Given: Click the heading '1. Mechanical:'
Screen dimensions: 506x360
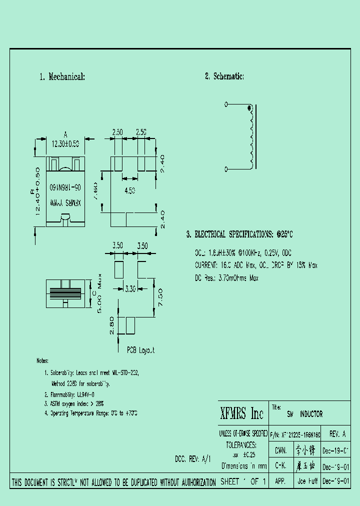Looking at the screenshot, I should click(62, 77).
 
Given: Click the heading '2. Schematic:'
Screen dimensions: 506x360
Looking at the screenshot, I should click(224, 76).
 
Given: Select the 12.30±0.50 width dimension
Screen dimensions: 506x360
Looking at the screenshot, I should click(65, 143).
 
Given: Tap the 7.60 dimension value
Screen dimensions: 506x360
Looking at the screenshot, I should click(95, 189).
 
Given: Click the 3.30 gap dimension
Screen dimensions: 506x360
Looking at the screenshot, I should click(129, 288).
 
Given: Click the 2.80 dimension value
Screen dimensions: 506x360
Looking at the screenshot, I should click(111, 325).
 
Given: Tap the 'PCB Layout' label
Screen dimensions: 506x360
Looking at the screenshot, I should click(140, 350).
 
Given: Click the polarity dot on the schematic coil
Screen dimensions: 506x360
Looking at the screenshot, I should click(250, 108).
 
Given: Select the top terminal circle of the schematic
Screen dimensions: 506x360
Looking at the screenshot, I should click(226, 104).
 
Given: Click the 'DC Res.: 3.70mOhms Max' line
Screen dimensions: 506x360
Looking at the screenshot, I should click(226, 278).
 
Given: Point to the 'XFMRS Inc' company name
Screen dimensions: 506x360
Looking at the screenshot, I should click(242, 413).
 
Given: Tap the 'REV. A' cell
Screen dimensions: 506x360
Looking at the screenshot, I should click(337, 434).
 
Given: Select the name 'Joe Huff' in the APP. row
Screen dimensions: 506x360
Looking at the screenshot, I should click(307, 481).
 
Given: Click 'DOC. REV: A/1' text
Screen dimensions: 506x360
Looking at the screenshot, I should click(193, 458).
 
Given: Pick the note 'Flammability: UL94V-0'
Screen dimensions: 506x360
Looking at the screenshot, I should click(69, 394).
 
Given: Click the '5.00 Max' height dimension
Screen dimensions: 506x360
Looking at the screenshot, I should click(100, 293).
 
